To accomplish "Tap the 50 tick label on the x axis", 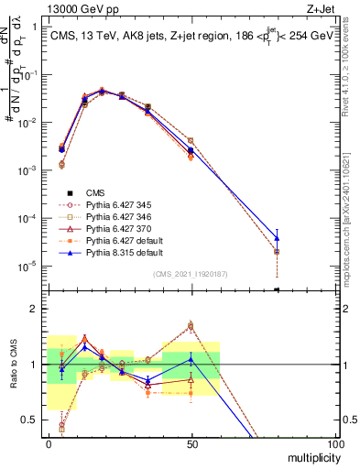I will click(191, 442).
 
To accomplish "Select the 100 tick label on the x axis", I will click(335, 442).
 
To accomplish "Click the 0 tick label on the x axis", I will click(49, 442).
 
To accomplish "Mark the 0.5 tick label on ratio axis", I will click(30, 420).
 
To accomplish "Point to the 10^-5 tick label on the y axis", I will click(27, 267).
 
